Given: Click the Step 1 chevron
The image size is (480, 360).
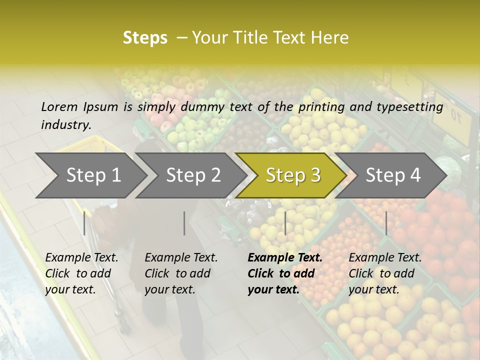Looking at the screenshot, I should point(92,175).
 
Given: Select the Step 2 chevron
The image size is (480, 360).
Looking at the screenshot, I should point(192,175).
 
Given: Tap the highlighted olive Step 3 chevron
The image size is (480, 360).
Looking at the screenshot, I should point(292,175).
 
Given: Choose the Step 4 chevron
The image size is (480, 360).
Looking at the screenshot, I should point(392,175).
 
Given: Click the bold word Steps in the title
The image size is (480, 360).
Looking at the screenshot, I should point(145,38).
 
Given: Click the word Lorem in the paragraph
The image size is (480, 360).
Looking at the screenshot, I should point(58,107).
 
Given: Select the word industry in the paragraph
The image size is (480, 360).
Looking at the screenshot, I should point(65,125).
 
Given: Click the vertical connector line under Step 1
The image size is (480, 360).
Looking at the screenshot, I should point(84,223).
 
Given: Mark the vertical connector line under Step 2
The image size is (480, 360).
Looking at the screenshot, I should point(184,223).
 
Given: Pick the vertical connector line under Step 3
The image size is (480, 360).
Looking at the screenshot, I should point(285,223).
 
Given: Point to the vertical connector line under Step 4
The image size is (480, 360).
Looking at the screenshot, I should point(386,223).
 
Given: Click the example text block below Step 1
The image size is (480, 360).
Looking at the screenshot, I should point(81,273).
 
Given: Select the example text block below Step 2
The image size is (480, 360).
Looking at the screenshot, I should point(181,273).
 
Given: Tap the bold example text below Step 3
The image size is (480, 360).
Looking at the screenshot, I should point(285,273).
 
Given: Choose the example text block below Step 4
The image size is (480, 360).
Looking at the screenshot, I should point(385,273).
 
